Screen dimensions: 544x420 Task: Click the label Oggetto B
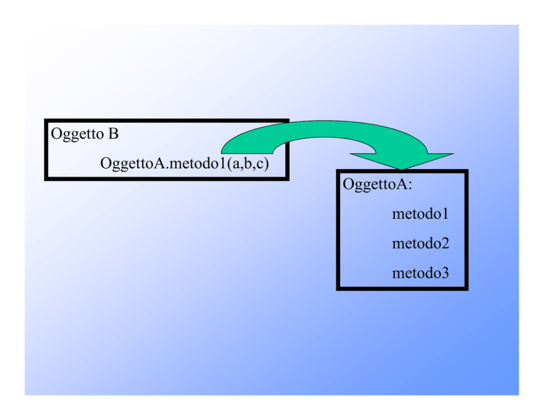(84, 134)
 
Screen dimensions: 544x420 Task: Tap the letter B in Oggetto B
(114, 134)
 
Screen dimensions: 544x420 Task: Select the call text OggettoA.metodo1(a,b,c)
(185, 163)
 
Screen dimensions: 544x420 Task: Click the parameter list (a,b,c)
(248, 163)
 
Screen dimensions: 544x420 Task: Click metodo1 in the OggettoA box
(420, 214)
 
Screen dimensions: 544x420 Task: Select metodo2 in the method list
(421, 243)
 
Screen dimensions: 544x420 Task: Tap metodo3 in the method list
(421, 273)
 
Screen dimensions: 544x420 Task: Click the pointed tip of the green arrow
(402, 169)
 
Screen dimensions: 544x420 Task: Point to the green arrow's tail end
(247, 153)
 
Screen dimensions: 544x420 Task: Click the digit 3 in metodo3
(444, 273)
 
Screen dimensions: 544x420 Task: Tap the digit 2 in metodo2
(444, 243)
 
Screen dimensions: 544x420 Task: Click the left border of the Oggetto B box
(46, 150)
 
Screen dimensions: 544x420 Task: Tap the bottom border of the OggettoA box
(402, 288)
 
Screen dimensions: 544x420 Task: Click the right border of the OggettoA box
(466, 230)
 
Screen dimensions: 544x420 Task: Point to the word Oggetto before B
(77, 134)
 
